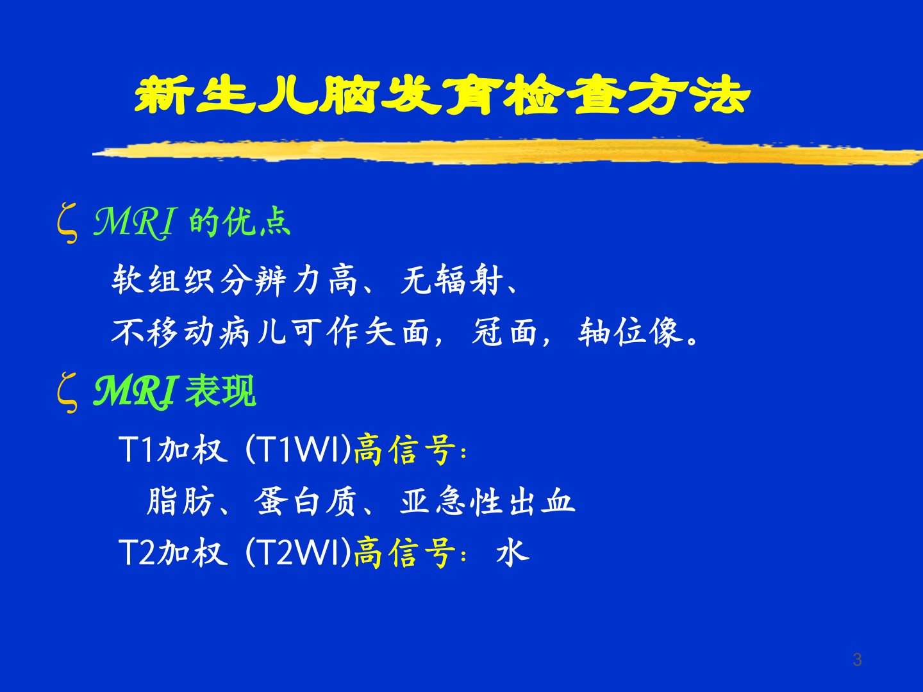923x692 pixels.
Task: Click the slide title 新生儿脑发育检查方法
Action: pyautogui.click(x=442, y=95)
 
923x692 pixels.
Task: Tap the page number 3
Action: pyautogui.click(x=858, y=660)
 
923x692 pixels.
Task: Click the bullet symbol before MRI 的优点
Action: pyautogui.click(x=67, y=223)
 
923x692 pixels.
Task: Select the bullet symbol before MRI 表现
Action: pyautogui.click(x=67, y=393)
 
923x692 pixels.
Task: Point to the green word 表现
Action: pyautogui.click(x=220, y=391)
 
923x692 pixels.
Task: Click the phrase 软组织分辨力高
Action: pyautogui.click(x=234, y=280)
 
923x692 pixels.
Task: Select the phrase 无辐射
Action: pyautogui.click(x=452, y=280)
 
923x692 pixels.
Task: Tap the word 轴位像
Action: pyautogui.click(x=630, y=332)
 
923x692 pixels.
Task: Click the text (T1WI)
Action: pyautogui.click(x=297, y=449)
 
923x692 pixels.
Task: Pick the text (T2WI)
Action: pyautogui.click(x=297, y=552)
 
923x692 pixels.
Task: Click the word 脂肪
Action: pyautogui.click(x=180, y=501)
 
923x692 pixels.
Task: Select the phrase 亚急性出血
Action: pyautogui.click(x=487, y=501)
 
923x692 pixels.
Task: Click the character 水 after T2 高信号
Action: pyautogui.click(x=513, y=552)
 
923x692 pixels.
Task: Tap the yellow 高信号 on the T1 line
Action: pyautogui.click(x=404, y=449)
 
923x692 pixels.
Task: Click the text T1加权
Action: pyautogui.click(x=173, y=449)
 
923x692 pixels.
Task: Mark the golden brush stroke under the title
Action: pyautogui.click(x=508, y=152)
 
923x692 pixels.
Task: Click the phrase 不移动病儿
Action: pyautogui.click(x=193, y=332)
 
